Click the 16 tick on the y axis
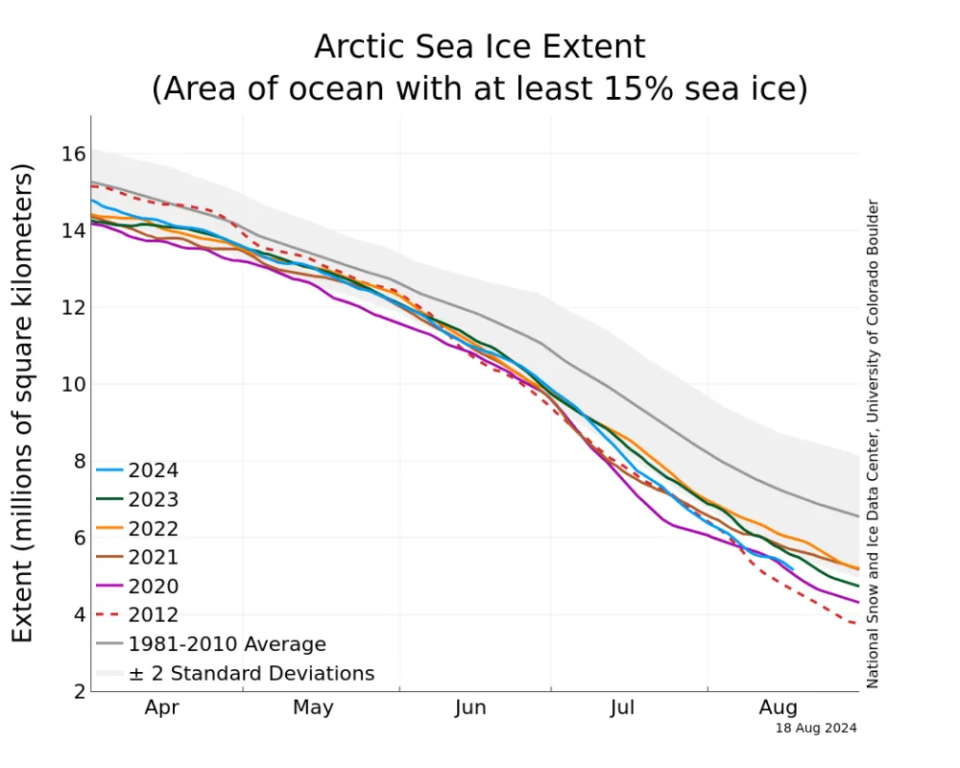(74, 154)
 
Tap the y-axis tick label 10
(74, 384)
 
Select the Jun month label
(470, 708)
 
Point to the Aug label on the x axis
(778, 708)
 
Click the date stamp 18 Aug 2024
(816, 729)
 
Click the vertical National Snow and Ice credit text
(873, 444)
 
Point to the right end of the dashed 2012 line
(857, 625)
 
